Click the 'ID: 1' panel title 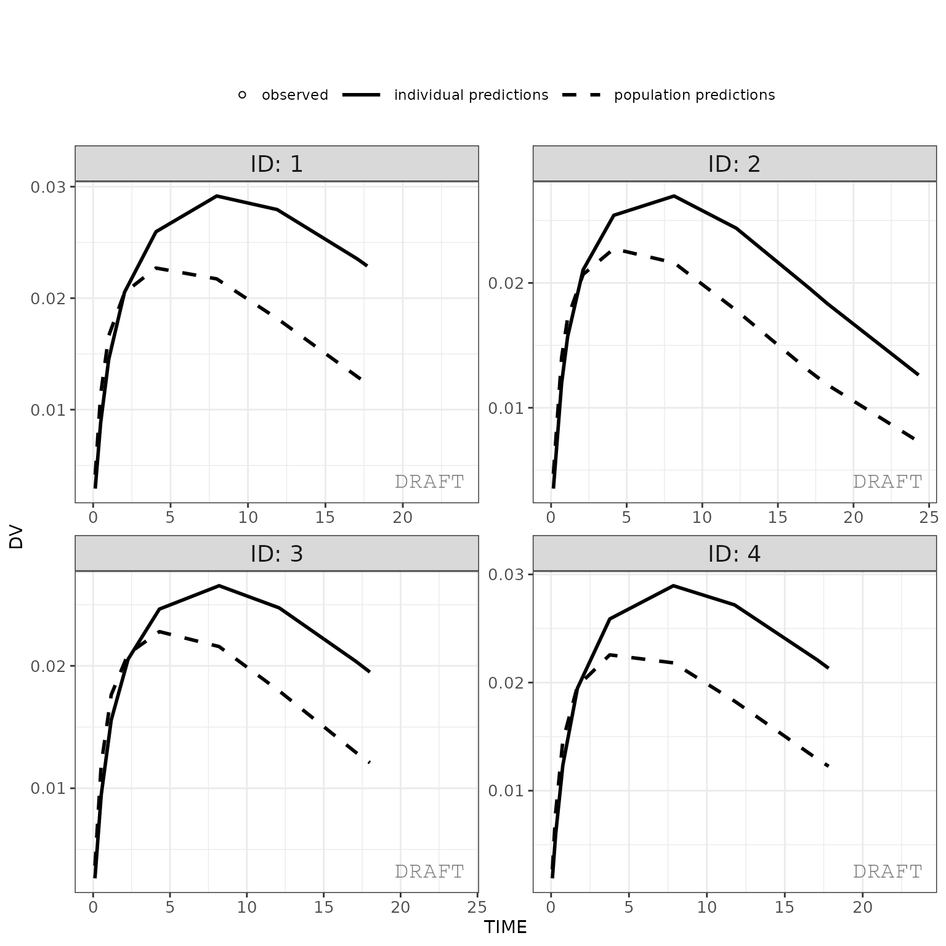pyautogui.click(x=277, y=164)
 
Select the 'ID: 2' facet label pyautogui.click(x=734, y=164)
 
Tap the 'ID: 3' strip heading pyautogui.click(x=277, y=554)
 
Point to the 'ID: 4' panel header pyautogui.click(x=734, y=554)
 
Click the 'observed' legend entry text pyautogui.click(x=295, y=95)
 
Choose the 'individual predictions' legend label pyautogui.click(x=471, y=95)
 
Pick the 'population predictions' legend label pyautogui.click(x=694, y=95)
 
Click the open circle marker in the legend pyautogui.click(x=242, y=95)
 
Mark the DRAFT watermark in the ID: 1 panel pyautogui.click(x=429, y=482)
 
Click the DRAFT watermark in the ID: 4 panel pyautogui.click(x=887, y=871)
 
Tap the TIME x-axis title pyautogui.click(x=505, y=928)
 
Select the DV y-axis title pyautogui.click(x=17, y=537)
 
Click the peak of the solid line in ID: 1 pyautogui.click(x=217, y=196)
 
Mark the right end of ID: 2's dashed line pyautogui.click(x=916, y=440)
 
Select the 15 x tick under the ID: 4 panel pyautogui.click(x=784, y=907)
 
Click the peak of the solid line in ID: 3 pyautogui.click(x=219, y=586)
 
